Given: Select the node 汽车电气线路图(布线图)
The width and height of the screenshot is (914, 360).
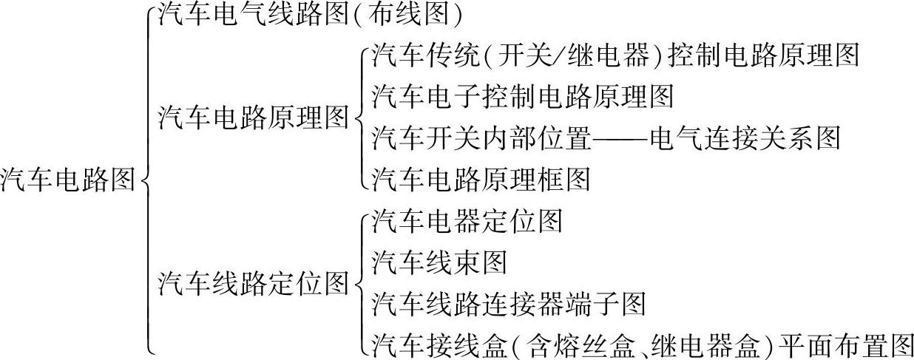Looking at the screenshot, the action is [x=310, y=14].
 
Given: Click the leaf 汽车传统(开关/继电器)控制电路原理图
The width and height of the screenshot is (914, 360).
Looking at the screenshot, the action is [x=615, y=55].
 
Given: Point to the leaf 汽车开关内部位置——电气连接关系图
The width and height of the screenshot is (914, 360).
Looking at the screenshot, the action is [x=606, y=137].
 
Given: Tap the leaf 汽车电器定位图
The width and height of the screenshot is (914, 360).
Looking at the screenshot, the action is [x=467, y=220].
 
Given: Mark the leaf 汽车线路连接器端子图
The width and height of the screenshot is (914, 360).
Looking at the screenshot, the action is [x=508, y=303].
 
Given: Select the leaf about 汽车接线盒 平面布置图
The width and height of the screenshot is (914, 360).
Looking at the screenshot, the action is [x=643, y=344].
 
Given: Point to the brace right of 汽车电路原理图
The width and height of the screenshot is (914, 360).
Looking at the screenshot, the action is [x=359, y=117].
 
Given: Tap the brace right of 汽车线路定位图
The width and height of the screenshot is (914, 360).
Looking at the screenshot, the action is [x=359, y=282].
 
